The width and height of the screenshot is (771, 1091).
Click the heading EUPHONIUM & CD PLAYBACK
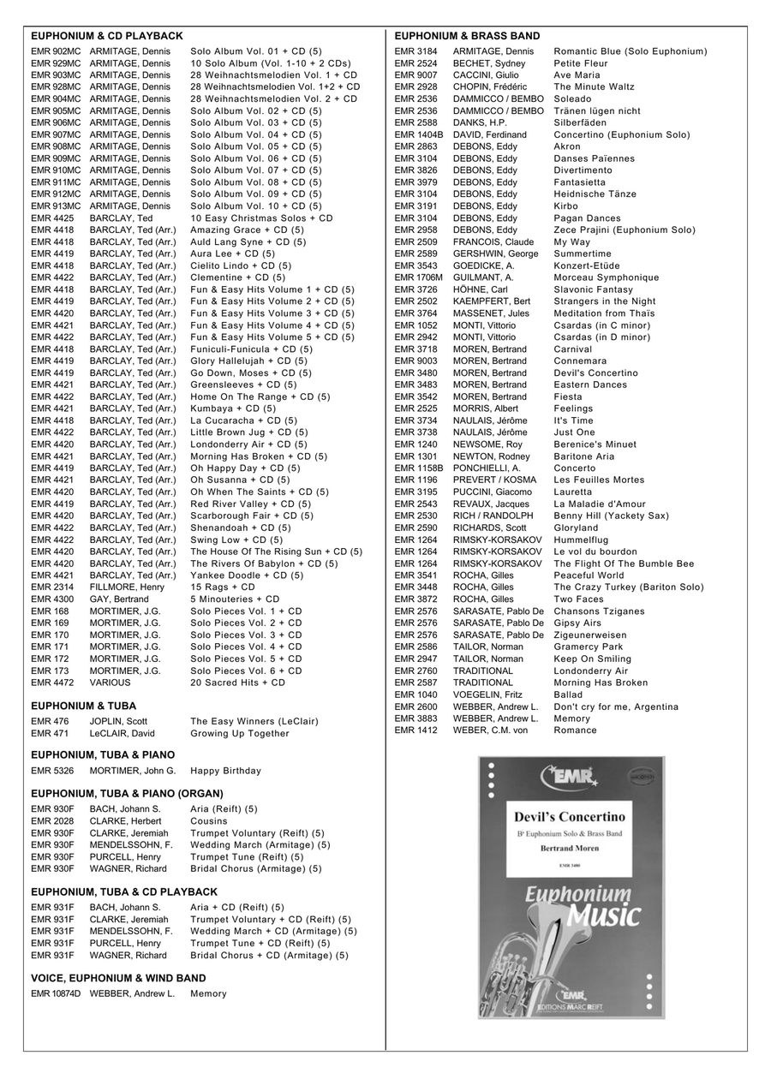click(x=107, y=36)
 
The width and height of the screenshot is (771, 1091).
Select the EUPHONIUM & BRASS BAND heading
click(x=467, y=36)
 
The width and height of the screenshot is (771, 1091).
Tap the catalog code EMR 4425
click(x=52, y=218)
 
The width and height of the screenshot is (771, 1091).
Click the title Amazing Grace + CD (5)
click(x=247, y=230)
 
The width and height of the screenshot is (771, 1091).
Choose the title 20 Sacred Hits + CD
click(x=237, y=683)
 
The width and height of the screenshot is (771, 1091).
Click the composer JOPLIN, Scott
click(x=119, y=722)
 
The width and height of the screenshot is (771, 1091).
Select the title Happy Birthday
click(x=225, y=771)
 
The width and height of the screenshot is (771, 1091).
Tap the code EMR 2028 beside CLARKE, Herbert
click(x=52, y=821)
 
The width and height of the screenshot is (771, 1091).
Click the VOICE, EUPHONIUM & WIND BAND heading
click(x=118, y=978)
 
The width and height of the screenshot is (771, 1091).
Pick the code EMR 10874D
click(x=56, y=994)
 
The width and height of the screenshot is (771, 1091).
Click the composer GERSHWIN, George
click(x=496, y=254)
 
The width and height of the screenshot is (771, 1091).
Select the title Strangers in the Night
click(x=605, y=301)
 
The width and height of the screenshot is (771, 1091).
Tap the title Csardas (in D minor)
click(x=601, y=337)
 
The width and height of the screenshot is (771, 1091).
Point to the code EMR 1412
click(x=416, y=730)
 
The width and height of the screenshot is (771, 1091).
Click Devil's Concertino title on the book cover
click(x=570, y=816)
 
